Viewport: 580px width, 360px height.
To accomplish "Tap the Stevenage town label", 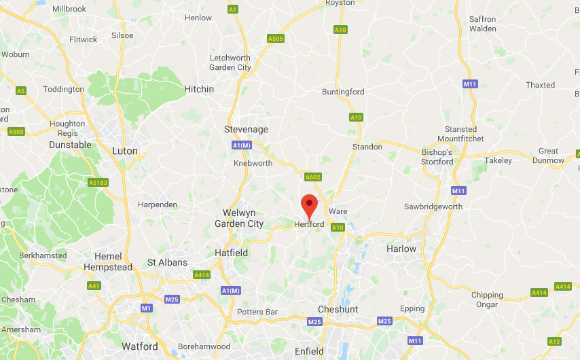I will (x=246, y=129).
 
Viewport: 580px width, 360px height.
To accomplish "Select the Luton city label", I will (x=124, y=151).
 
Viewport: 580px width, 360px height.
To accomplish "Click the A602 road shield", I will (x=312, y=177).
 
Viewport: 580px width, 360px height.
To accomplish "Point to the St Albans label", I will (x=167, y=262).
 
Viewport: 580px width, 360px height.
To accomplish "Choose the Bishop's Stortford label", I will (x=437, y=156).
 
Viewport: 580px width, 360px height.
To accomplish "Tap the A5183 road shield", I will (x=98, y=182).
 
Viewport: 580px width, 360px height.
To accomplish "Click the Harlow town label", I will (x=401, y=249).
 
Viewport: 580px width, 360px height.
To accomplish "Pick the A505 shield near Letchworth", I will (x=276, y=39).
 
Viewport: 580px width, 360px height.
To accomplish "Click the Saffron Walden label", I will (x=483, y=24).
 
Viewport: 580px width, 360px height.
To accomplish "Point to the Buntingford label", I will (x=343, y=92).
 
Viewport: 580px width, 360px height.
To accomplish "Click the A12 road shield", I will (x=554, y=341).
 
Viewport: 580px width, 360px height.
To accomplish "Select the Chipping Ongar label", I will (x=488, y=300).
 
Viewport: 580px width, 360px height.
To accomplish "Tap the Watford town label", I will (x=140, y=346).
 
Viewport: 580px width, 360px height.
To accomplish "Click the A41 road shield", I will (x=94, y=286).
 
